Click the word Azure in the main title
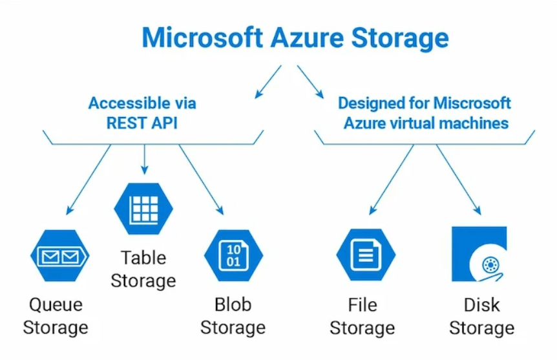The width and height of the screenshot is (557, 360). pyautogui.click(x=307, y=37)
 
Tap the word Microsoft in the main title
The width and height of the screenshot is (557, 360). pyautogui.click(x=202, y=37)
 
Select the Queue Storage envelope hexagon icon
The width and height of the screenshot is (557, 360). pyautogui.click(x=59, y=255)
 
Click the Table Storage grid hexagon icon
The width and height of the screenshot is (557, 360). pyautogui.click(x=143, y=209)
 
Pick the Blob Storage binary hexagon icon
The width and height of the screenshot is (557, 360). pyautogui.click(x=233, y=255)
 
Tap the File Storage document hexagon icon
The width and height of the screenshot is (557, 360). pyautogui.click(x=366, y=255)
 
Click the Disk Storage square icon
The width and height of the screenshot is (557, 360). pyautogui.click(x=479, y=254)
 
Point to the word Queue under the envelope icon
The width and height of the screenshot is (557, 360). pyautogui.click(x=56, y=305)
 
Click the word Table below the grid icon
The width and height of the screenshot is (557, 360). pyautogui.click(x=143, y=258)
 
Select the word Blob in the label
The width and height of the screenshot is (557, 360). pyautogui.click(x=233, y=304)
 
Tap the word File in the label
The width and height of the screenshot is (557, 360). pyautogui.click(x=363, y=305)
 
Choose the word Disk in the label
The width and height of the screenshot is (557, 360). pyautogui.click(x=481, y=305)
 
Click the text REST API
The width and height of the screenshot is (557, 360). pyautogui.click(x=142, y=123)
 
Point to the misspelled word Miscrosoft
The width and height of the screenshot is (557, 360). pyautogui.click(x=472, y=103)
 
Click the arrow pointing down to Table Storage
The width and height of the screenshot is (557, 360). pyautogui.click(x=144, y=159)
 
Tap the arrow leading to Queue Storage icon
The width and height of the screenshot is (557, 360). pyautogui.click(x=89, y=180)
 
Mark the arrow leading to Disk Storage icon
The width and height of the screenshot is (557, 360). pyautogui.click(x=459, y=180)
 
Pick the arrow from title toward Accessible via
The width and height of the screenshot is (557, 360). pyautogui.click(x=268, y=81)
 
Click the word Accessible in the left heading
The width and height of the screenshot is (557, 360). pyautogui.click(x=130, y=103)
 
